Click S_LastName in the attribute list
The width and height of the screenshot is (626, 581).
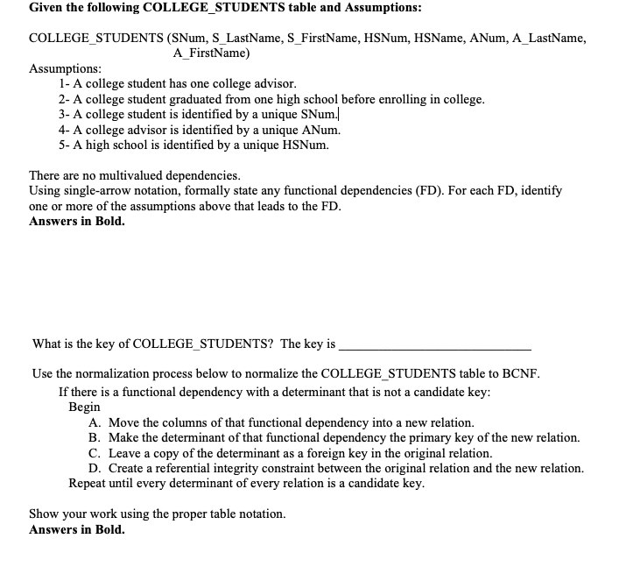[248, 39]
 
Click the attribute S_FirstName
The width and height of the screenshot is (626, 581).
[329, 39]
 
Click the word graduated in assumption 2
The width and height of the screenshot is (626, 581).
[199, 99]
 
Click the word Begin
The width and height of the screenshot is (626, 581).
[85, 407]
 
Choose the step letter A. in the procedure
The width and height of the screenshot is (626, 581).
[95, 422]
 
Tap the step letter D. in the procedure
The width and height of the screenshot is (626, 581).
[95, 468]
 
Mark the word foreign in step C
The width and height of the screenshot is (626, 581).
[355, 453]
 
